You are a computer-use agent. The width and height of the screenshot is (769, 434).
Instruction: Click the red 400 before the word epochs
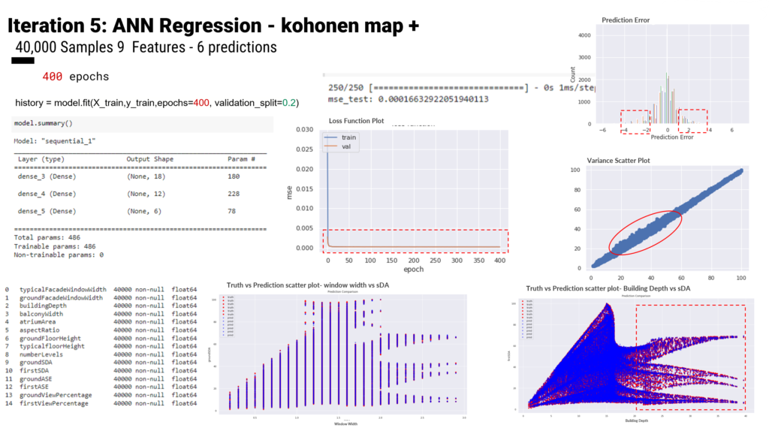point(53,77)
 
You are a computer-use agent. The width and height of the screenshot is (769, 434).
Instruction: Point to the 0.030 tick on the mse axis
point(304,130)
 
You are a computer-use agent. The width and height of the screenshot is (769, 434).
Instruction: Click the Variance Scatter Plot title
point(629,161)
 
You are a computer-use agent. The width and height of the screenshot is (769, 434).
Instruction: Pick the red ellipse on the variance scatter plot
point(645,232)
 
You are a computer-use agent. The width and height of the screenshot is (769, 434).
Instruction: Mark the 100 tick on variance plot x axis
point(740,277)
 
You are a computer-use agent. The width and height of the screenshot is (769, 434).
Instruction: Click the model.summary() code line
point(43,122)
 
